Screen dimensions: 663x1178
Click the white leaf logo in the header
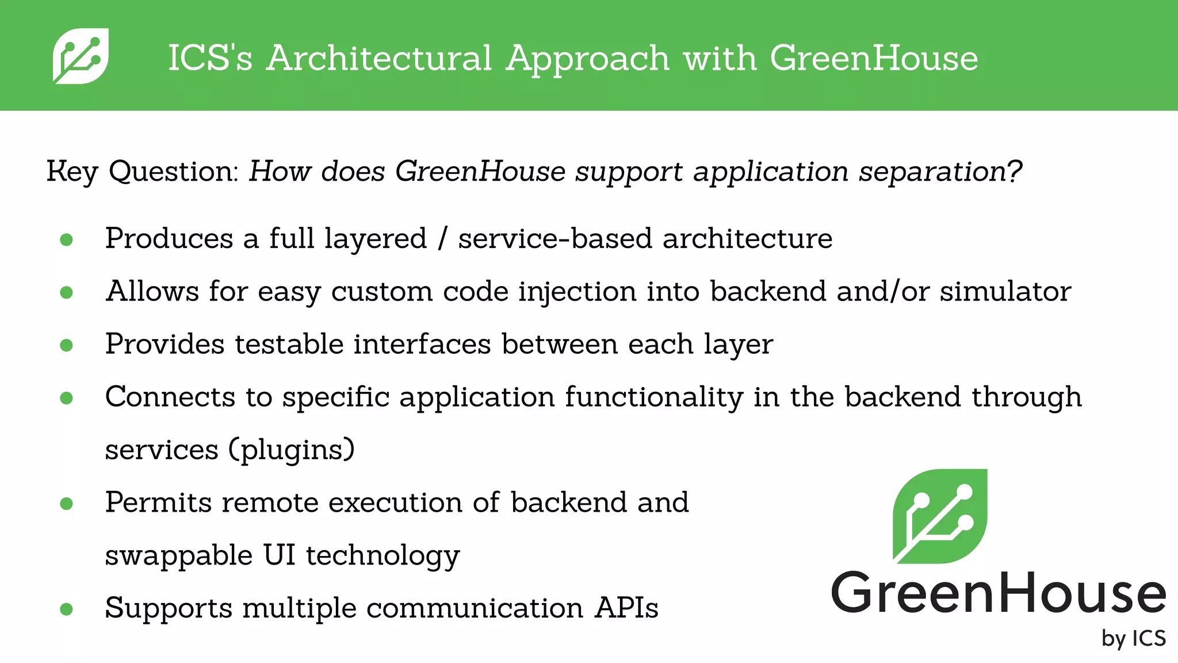pyautogui.click(x=81, y=56)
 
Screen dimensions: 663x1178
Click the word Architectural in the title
pyautogui.click(x=379, y=58)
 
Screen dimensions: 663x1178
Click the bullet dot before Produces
pyautogui.click(x=67, y=239)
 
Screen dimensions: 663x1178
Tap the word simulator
pyautogui.click(x=1005, y=291)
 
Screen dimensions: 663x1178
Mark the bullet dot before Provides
pyautogui.click(x=67, y=345)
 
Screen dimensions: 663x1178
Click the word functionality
pyautogui.click(x=653, y=397)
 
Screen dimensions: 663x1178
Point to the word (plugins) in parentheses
pyautogui.click(x=292, y=450)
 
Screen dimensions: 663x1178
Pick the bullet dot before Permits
pyautogui.click(x=67, y=504)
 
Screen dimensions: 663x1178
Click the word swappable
pyautogui.click(x=179, y=556)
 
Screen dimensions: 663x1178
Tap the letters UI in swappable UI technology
pyautogui.click(x=280, y=555)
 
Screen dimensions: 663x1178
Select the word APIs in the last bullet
pyautogui.click(x=626, y=608)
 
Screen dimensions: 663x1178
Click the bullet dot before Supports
pyautogui.click(x=67, y=609)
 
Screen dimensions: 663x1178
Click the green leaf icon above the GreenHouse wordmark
pyautogui.click(x=939, y=516)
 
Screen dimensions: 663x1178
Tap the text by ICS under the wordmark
pyautogui.click(x=1133, y=639)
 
